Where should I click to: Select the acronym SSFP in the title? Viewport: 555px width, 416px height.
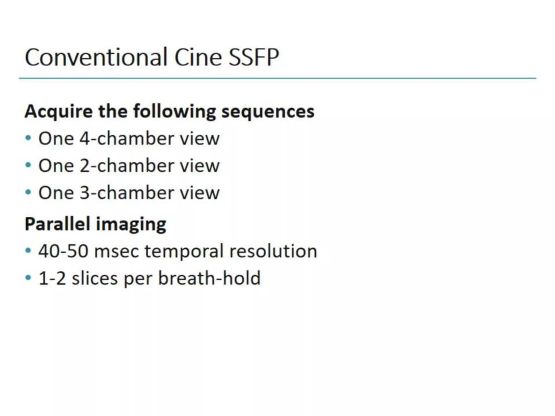click(x=253, y=57)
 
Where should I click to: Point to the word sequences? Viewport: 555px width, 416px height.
click(x=268, y=112)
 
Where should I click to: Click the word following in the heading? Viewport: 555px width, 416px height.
click(x=175, y=112)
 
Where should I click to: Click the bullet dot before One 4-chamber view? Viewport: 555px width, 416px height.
click(x=28, y=138)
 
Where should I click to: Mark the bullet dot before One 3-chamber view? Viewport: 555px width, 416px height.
click(x=28, y=192)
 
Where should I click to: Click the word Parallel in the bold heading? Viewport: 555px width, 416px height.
click(x=57, y=224)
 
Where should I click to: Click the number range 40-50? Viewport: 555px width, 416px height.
click(x=63, y=251)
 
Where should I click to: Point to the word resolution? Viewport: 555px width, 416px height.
click(x=273, y=251)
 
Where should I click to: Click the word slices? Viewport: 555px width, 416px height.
click(x=95, y=278)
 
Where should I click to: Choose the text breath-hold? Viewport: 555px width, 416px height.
click(x=209, y=278)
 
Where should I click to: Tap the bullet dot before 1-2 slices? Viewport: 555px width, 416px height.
click(x=28, y=278)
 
